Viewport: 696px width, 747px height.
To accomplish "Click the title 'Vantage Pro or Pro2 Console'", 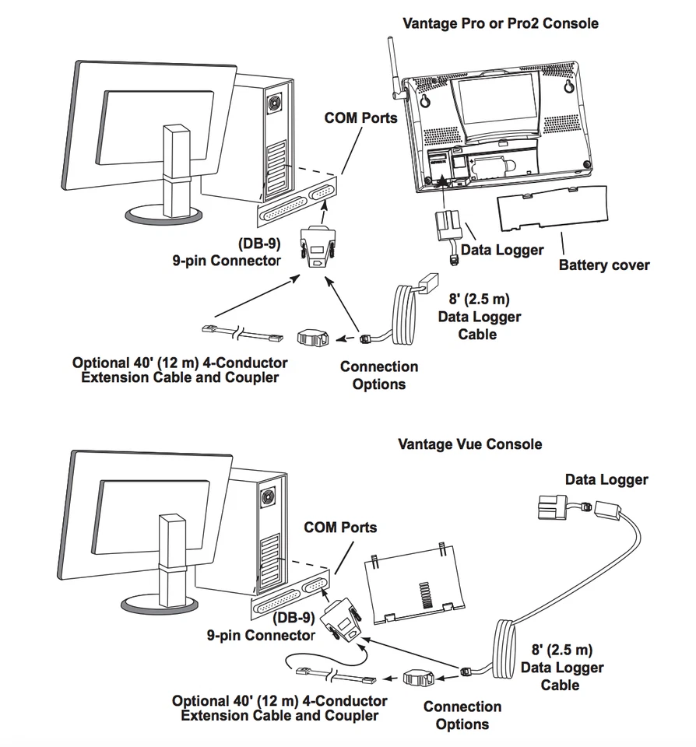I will pos(500,23).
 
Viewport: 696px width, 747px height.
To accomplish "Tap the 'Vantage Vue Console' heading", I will pos(469,444).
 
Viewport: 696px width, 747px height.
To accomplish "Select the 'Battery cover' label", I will pos(603,265).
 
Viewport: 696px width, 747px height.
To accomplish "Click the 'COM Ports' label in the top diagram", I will pos(360,118).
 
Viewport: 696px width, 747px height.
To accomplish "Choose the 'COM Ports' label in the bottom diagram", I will pos(340,528).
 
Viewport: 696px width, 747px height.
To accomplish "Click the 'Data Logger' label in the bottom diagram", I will pos(606,480).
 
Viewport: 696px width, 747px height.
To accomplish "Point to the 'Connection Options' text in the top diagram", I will pos(378,375).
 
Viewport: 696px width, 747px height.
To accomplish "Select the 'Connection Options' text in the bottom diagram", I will pos(462,715).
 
